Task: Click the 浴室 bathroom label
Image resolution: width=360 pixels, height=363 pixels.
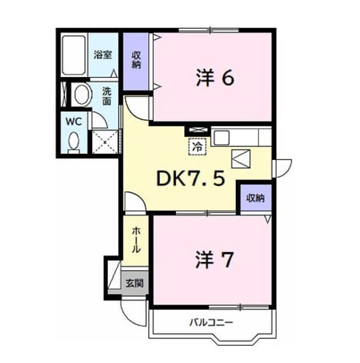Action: pyautogui.click(x=103, y=55)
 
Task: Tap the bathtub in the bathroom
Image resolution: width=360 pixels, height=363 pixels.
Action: pyautogui.click(x=74, y=55)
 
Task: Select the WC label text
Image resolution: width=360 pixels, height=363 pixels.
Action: pyautogui.click(x=74, y=121)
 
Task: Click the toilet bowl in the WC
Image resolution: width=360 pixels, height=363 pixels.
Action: pyautogui.click(x=74, y=141)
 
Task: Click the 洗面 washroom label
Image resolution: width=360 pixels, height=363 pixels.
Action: pyautogui.click(x=107, y=96)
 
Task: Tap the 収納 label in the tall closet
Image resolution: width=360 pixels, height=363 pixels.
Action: pyautogui.click(x=136, y=60)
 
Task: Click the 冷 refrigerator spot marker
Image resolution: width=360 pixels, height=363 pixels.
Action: pyautogui.click(x=197, y=146)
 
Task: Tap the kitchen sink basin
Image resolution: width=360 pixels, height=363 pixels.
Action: pyautogui.click(x=222, y=138)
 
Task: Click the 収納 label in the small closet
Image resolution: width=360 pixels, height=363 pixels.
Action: pyautogui.click(x=255, y=198)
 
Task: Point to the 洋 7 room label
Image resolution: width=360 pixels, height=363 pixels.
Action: pyautogui.click(x=214, y=260)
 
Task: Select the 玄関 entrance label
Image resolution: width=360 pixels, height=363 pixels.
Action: pyautogui.click(x=134, y=283)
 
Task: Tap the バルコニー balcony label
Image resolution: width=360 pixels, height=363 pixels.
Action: pyautogui.click(x=211, y=322)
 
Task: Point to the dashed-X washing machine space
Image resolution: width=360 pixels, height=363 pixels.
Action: pyautogui.click(x=105, y=142)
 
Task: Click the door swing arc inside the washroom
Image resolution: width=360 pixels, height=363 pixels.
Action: pyautogui.click(x=102, y=117)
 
